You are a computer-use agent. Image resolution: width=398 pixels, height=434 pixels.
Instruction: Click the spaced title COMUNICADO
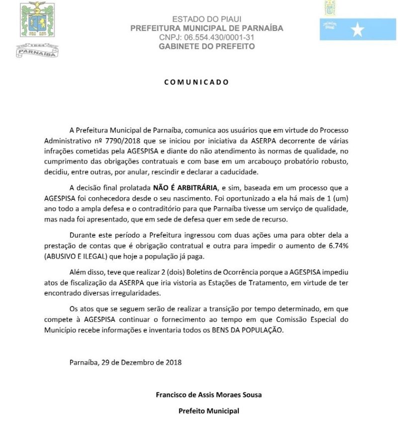197,82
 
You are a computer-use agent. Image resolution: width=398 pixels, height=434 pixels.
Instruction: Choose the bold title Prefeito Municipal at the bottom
209,411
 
